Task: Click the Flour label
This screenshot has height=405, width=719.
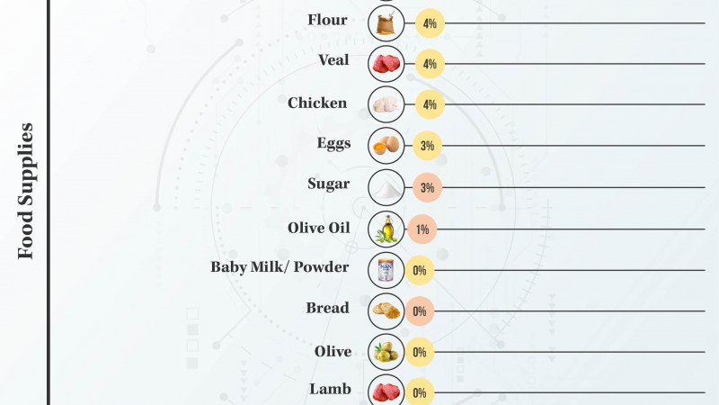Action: tap(327, 20)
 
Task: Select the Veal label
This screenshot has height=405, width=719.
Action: tap(333, 61)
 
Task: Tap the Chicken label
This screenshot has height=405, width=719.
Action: tap(317, 103)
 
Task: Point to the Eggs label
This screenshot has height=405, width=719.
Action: tap(333, 143)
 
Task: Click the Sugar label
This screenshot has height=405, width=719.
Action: tap(328, 184)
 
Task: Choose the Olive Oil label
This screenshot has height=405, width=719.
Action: tap(318, 227)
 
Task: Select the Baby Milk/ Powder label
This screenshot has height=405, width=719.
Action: tap(280, 267)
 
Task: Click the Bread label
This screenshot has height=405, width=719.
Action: tap(327, 308)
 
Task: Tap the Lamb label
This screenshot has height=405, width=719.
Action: tap(330, 389)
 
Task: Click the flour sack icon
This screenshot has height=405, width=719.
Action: tap(386, 22)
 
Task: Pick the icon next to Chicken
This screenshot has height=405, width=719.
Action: tap(386, 104)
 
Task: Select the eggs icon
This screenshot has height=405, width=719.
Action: tap(386, 145)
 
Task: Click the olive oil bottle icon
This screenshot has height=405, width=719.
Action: tap(386, 229)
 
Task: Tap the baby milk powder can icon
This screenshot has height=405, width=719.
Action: tap(386, 269)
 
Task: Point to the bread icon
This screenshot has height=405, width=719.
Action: tap(386, 310)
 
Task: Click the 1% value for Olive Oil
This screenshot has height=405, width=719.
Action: tap(422, 229)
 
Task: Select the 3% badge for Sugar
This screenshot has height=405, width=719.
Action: tap(428, 188)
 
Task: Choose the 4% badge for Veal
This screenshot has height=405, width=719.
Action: tap(430, 64)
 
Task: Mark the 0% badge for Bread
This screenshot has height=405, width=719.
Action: tap(419, 311)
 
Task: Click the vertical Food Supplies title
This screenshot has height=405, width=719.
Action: tap(26, 191)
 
